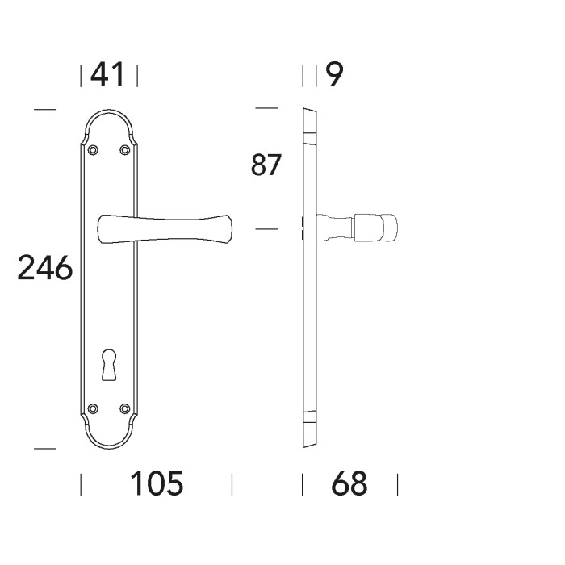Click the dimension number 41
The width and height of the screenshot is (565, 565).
pos(108,75)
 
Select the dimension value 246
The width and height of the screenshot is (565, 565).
pos(45,267)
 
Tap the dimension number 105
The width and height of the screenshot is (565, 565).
pos(157,484)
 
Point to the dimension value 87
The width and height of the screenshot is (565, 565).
pos(266,165)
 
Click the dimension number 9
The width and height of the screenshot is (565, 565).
pos(334,75)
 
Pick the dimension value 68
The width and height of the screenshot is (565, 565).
pos(349,484)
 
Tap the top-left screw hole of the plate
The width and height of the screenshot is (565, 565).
pos(92,149)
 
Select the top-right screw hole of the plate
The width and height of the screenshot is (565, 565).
pos(124,149)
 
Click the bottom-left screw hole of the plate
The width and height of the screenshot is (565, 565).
pos(92,408)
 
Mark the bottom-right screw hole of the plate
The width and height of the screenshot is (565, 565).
pos(124,408)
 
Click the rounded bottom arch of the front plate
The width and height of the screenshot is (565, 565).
pos(108,442)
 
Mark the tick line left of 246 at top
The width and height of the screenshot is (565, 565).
pos(45,109)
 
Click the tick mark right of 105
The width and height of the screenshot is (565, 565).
pos(232,484)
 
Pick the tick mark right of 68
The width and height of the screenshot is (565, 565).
pos(397,484)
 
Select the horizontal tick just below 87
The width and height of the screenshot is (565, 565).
pos(266,229)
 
